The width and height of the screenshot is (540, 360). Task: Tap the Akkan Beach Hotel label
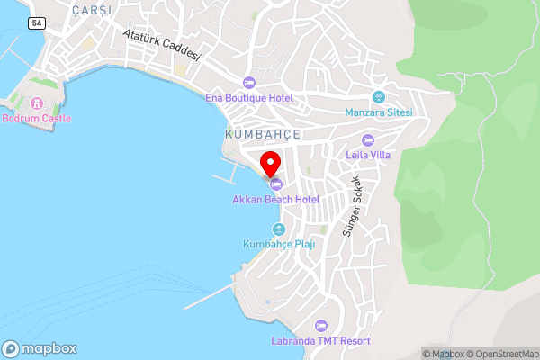tap(276, 199)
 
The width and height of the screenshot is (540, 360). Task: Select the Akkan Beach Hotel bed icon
tap(276, 184)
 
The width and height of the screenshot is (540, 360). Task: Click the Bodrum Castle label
tap(37, 118)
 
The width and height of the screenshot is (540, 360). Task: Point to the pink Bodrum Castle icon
tap(37, 103)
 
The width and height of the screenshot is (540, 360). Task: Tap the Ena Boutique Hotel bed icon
tap(249, 83)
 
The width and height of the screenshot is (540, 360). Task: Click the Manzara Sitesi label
tap(378, 112)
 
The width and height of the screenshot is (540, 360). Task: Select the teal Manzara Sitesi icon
tap(378, 97)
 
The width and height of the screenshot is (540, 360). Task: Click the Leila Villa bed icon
tap(367, 139)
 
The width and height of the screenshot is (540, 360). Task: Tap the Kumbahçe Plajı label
tap(279, 244)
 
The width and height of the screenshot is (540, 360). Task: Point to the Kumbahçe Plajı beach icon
tap(279, 229)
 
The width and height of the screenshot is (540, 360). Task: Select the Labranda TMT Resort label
tap(320, 341)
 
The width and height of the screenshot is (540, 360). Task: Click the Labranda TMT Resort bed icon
tap(320, 326)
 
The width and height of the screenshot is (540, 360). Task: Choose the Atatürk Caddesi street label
tap(162, 42)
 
